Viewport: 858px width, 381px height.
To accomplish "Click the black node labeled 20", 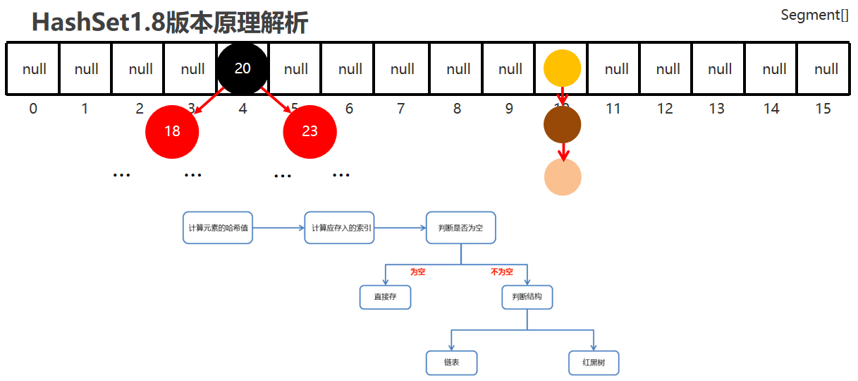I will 243,68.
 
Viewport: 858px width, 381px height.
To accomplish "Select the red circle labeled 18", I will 172,132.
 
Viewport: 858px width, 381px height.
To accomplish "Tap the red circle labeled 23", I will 310,132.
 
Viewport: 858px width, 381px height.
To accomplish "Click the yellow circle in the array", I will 563,68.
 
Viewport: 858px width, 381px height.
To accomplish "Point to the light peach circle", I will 563,176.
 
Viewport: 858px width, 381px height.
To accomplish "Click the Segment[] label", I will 814,15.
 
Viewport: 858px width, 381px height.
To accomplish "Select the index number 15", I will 823,109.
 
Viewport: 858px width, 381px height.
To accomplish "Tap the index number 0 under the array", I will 33,109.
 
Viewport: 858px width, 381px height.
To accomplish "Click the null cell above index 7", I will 403,68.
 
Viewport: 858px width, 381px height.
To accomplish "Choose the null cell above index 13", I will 720,68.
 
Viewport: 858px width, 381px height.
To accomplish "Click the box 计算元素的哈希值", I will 218,228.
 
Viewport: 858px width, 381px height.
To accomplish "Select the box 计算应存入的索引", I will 339,228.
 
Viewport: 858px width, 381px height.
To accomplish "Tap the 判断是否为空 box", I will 460,228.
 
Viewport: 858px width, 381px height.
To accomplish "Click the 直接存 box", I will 385,297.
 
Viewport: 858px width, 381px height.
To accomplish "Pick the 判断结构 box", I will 527,297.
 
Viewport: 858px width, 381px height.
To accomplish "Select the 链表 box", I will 451,363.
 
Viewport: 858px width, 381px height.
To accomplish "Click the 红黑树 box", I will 594,363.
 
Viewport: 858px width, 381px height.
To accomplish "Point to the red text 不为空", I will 501,272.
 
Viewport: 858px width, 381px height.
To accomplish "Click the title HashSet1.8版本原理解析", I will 170,23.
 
